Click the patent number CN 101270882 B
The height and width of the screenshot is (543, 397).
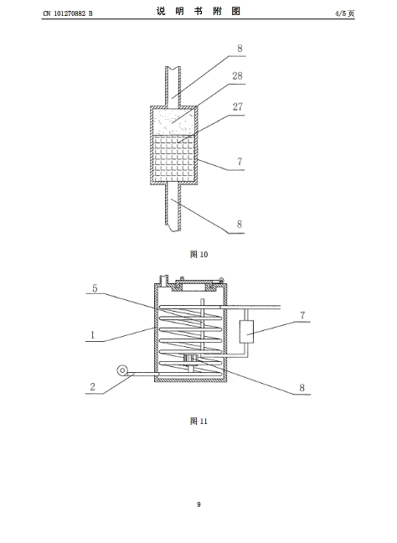(68, 13)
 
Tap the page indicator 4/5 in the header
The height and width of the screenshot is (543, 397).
(341, 13)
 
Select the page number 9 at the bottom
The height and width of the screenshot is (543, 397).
(198, 504)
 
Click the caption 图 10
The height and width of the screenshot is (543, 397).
(198, 254)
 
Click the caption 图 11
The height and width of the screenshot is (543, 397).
(198, 421)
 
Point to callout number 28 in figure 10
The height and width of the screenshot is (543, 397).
(237, 76)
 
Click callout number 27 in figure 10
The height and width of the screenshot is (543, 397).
(237, 106)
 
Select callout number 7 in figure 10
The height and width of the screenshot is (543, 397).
(240, 162)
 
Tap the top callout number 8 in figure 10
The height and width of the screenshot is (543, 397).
(240, 49)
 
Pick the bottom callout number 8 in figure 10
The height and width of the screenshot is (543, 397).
(240, 225)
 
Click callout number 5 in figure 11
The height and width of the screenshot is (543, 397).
(95, 288)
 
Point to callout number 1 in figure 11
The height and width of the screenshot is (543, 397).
(92, 335)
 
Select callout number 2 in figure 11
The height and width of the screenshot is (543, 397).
(92, 387)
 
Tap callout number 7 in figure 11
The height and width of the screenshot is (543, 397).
(302, 315)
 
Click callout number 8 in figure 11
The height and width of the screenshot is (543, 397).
(302, 387)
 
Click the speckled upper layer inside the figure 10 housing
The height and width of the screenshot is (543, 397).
(174, 122)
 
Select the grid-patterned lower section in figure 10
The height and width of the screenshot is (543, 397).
(174, 158)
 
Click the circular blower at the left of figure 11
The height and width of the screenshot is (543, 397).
(121, 370)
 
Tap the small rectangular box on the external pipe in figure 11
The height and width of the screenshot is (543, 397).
(246, 331)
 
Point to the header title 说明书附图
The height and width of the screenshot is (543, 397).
(198, 12)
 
